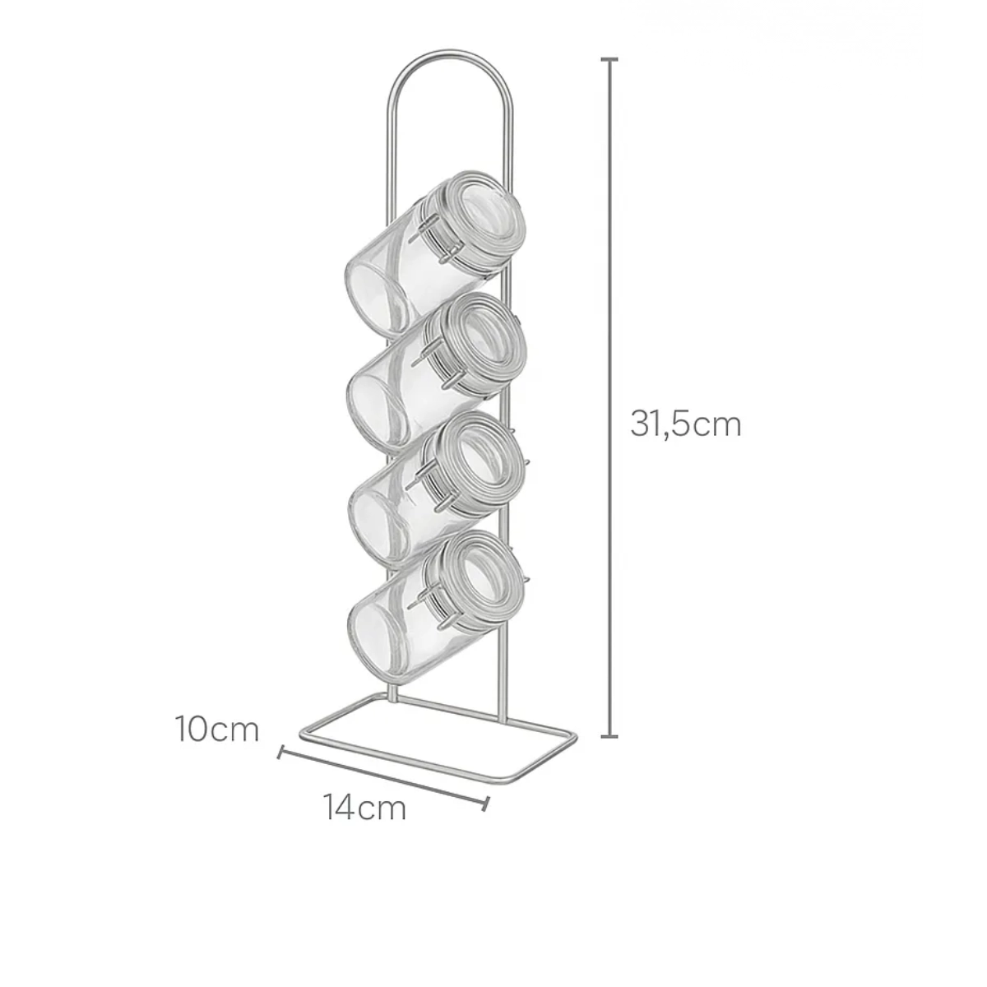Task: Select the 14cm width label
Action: coord(364,808)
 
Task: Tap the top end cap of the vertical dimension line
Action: coord(609,59)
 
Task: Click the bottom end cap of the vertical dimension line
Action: coord(609,736)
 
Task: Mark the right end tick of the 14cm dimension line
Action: coord(486,804)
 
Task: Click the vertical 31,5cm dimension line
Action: coord(609,398)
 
